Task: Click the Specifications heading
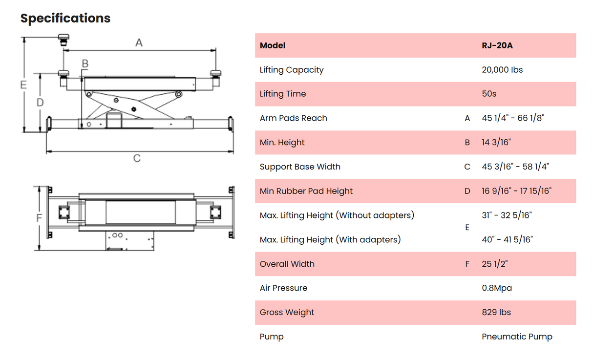(x=65, y=19)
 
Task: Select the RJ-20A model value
(x=497, y=45)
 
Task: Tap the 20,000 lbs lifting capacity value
(x=502, y=70)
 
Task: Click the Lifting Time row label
(x=282, y=94)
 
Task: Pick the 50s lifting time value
(x=488, y=94)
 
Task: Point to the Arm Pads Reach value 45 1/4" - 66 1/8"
(x=512, y=118)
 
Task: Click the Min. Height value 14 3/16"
(x=496, y=143)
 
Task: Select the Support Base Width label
(x=300, y=167)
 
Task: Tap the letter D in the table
(x=467, y=191)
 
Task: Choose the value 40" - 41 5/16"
(x=507, y=239)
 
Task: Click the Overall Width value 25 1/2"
(x=495, y=264)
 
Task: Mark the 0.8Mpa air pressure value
(x=497, y=288)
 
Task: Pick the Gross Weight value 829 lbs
(x=496, y=312)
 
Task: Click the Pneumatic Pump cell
(x=517, y=337)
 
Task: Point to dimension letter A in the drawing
(x=139, y=43)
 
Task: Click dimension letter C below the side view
(x=137, y=158)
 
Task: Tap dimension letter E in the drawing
(x=23, y=85)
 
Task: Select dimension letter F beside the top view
(x=40, y=218)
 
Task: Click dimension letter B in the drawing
(x=85, y=63)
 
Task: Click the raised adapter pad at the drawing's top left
(x=64, y=39)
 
